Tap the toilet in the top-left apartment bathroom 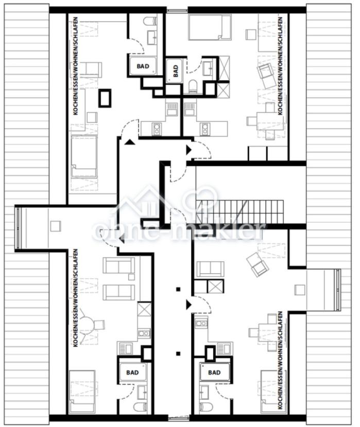coord(149,22)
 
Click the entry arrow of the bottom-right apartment coord(189,305)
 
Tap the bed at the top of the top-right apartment coord(210,27)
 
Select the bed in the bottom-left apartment coord(82,392)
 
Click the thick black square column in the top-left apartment coord(105,98)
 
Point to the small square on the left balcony coord(55,226)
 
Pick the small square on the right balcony coord(300,290)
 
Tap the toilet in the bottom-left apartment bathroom coord(140,406)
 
